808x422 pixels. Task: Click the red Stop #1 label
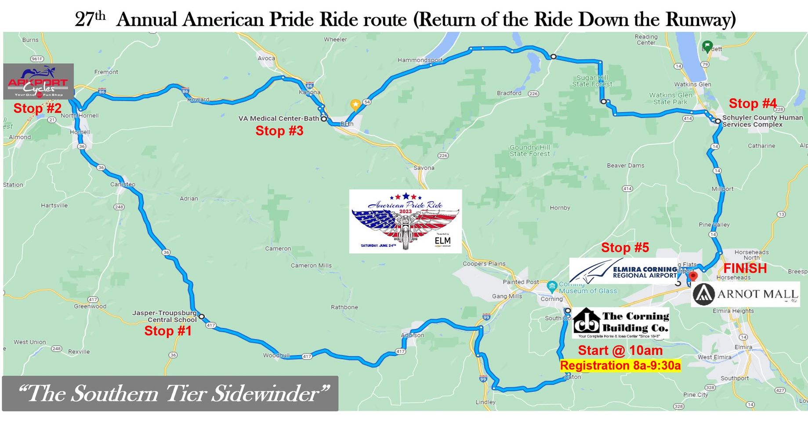coord(168,331)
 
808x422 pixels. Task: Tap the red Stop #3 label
coord(279,131)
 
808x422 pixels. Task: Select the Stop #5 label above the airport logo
coord(625,247)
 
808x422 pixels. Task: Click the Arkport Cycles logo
coord(38,82)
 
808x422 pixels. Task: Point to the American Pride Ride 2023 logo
coord(405,221)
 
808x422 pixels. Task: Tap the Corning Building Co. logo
coord(620,323)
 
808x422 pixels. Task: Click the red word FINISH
coord(745,268)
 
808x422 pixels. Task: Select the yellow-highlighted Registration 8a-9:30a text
coord(620,365)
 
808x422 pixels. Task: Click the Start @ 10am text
coord(620,350)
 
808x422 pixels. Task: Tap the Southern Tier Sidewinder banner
coord(170,393)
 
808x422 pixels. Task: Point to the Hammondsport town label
coord(420,60)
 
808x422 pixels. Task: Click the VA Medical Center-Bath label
coord(279,118)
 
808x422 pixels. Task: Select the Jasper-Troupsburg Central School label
coord(165,316)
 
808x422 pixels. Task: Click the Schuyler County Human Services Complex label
coord(762,121)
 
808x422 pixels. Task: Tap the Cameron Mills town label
coord(311,266)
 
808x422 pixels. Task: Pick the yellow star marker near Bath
coord(355,105)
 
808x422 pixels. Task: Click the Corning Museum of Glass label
coord(587,287)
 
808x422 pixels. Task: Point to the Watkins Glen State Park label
coord(670,98)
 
